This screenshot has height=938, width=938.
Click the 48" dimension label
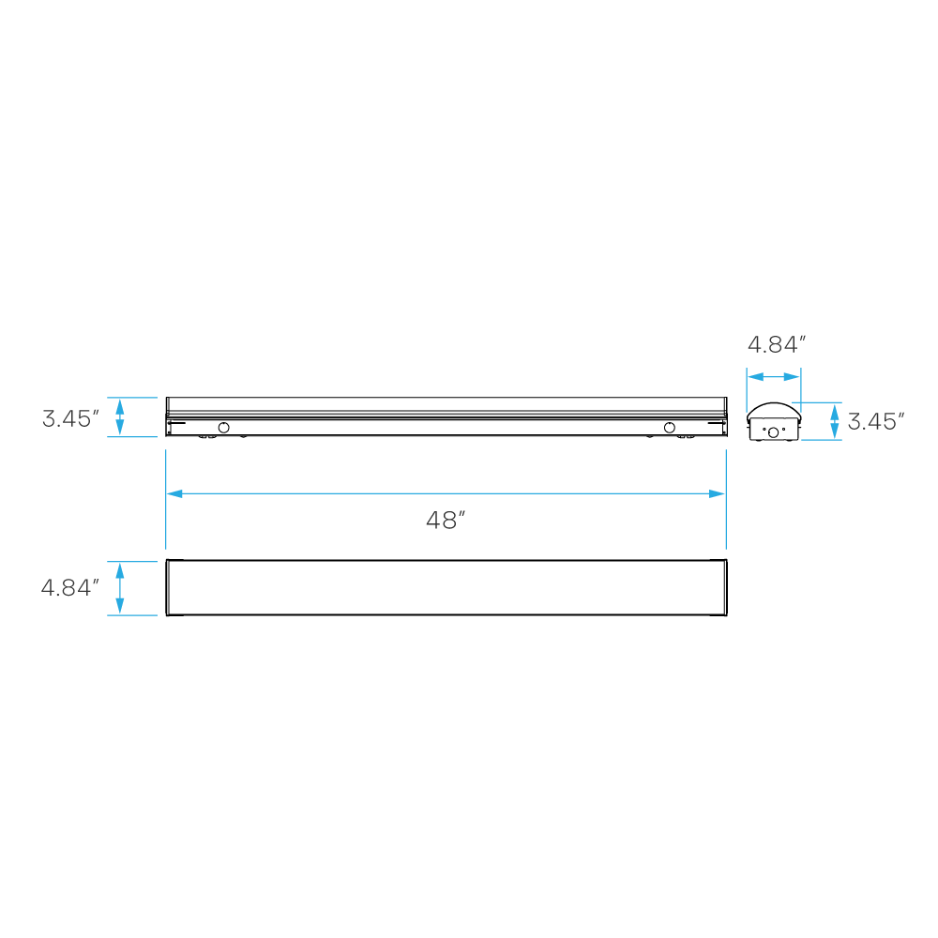[446, 521]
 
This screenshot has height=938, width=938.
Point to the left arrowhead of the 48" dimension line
[174, 493]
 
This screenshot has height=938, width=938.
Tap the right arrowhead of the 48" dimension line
[718, 493]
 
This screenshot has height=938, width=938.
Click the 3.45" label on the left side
[70, 418]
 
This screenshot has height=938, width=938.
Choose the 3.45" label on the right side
[875, 421]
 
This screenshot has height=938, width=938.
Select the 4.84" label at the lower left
[69, 588]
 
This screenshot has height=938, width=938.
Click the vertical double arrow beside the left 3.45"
[119, 417]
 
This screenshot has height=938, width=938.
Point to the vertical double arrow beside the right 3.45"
[835, 421]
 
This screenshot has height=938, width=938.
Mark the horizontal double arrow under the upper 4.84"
[774, 377]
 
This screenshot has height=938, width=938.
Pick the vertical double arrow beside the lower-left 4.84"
[119, 588]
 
